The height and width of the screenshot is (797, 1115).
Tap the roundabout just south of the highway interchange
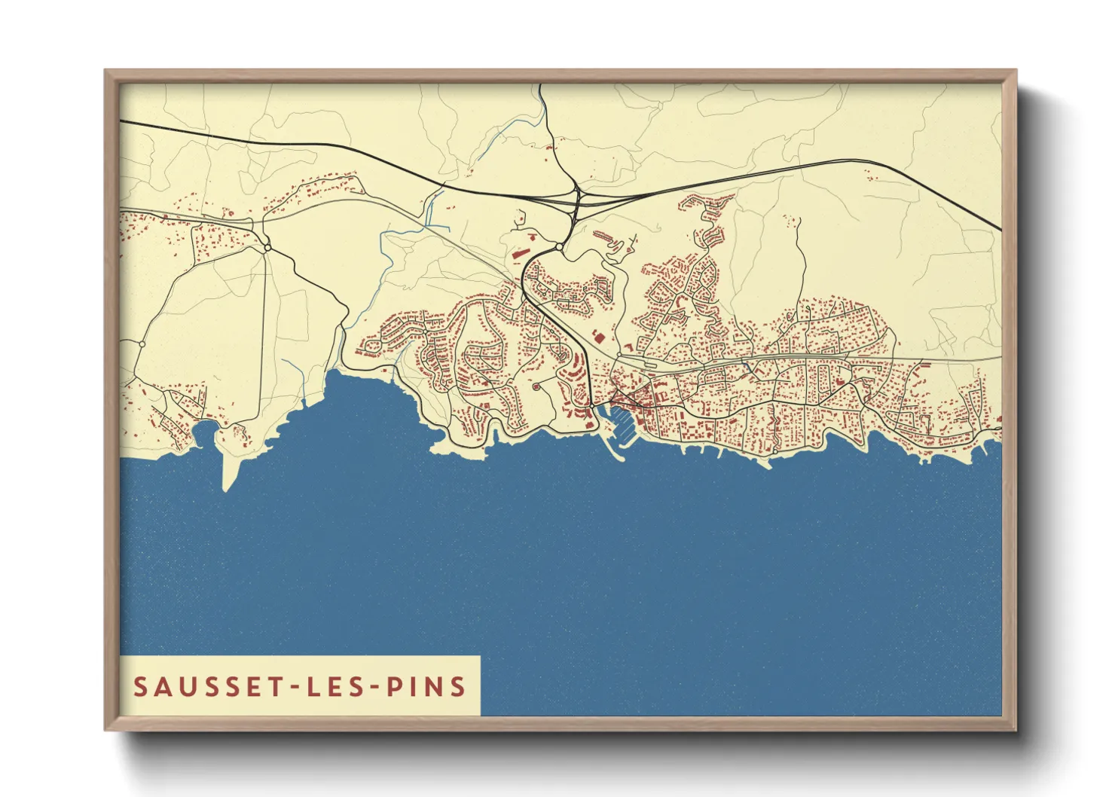point(558,246)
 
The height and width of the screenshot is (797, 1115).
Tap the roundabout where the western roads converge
point(267,247)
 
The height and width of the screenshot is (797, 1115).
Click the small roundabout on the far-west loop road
point(142,344)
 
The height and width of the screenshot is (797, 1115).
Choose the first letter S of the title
point(140,686)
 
